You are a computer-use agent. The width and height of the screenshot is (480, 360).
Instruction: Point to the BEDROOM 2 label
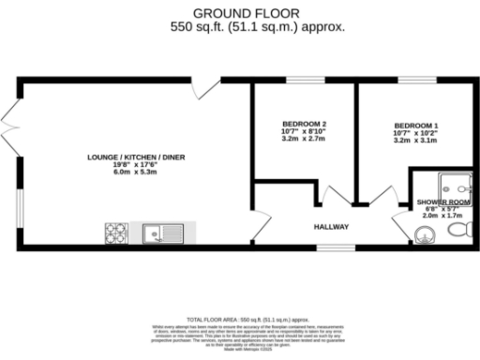305,125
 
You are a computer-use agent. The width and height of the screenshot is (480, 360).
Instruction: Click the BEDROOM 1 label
416,126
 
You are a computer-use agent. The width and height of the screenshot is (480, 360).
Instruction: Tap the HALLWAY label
331,227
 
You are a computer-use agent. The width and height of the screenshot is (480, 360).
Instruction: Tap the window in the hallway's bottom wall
331,248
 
